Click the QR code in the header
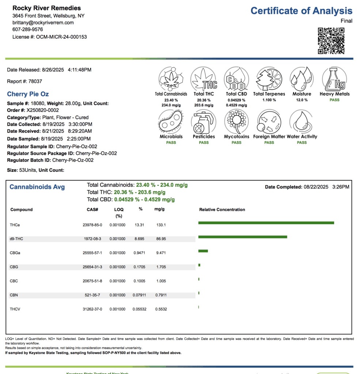(331, 41)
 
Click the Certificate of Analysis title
(301, 11)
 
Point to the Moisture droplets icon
(302, 79)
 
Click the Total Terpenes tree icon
(269, 79)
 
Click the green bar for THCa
(266, 223)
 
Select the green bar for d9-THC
(242, 237)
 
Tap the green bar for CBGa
(203, 251)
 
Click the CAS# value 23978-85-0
(92, 225)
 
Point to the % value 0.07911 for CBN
(138, 295)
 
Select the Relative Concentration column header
(222, 210)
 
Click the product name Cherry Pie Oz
(28, 94)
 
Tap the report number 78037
(35, 81)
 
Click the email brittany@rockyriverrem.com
(43, 23)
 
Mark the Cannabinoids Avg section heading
(37, 187)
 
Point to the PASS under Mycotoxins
(236, 142)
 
